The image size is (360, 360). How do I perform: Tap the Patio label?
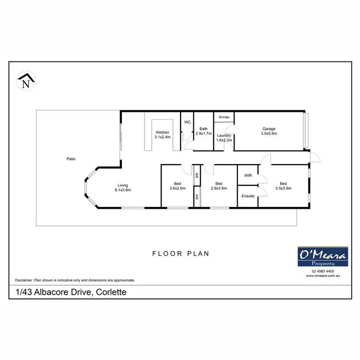71,159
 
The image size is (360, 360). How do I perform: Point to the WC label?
187,122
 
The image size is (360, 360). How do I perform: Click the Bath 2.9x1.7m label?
204,131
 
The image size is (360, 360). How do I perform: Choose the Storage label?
224,117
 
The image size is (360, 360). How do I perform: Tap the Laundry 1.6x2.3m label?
224,138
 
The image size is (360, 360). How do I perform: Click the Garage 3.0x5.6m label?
269,131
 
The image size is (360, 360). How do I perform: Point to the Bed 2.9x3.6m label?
218,186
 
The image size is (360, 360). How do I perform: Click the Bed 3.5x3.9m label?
283,186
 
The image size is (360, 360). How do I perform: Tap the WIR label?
248,176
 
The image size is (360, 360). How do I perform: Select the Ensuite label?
248,196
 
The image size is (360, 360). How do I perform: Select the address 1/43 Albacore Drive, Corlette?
71,291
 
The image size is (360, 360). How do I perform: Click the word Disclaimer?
24,280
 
